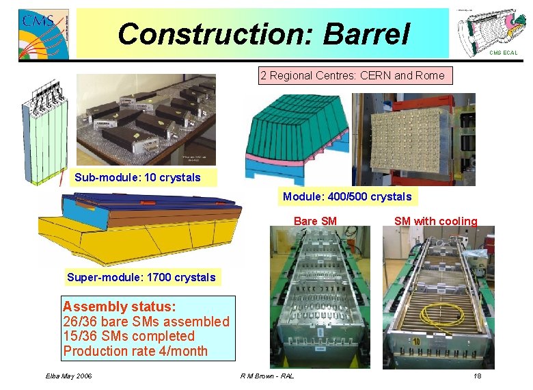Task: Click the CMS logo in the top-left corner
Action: point(43,34)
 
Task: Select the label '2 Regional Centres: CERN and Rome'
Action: point(356,76)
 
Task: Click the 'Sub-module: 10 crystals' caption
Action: point(137,178)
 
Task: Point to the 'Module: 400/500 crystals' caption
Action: point(347,197)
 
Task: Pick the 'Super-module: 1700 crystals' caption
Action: point(141,277)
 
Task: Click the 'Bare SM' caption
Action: point(315,221)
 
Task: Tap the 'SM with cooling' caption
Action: point(435,221)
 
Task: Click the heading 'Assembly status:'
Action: point(119,307)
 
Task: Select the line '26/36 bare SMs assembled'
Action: point(146,322)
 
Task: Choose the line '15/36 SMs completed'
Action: point(128,336)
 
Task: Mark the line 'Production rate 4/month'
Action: point(135,351)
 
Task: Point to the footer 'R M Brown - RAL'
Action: point(267,377)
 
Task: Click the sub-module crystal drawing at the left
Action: point(46,140)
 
